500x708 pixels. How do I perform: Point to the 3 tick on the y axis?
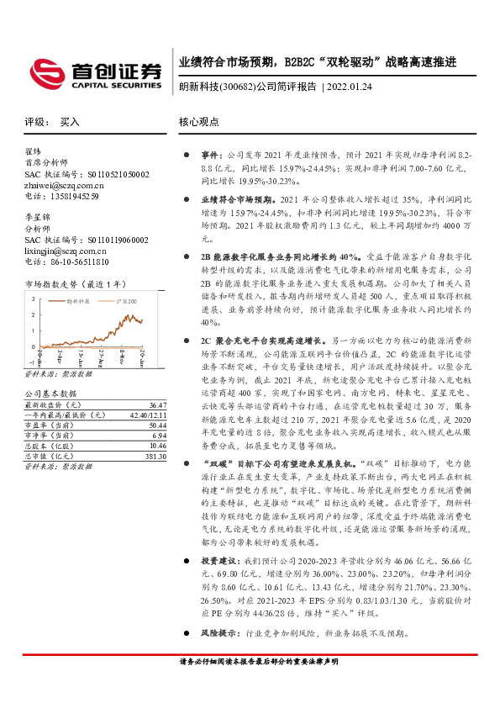(x=33, y=299)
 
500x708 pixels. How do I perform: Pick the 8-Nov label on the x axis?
(x=122, y=354)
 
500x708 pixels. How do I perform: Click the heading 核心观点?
(x=198, y=123)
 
